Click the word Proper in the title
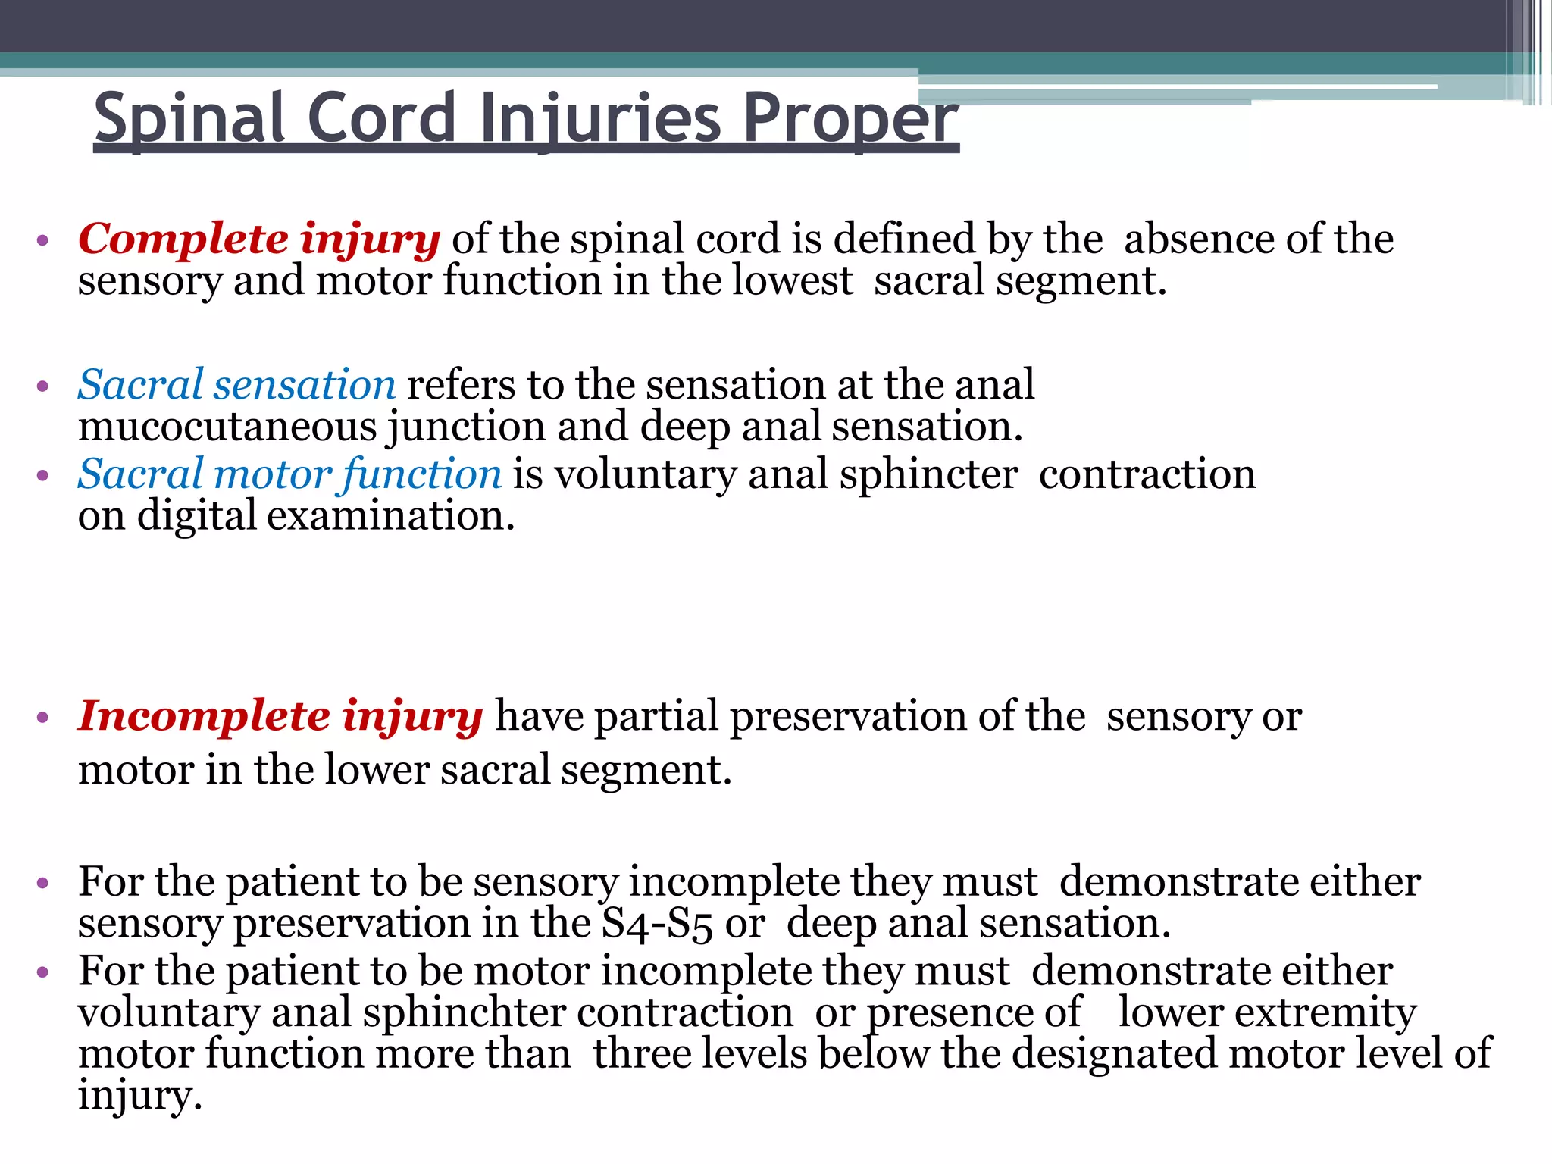point(850,118)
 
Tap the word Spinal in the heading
point(189,118)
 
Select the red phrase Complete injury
point(258,239)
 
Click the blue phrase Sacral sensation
point(236,384)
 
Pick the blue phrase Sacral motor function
point(289,474)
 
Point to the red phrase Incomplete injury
point(280,716)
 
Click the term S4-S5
point(656,925)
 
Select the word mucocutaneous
point(227,426)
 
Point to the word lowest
point(792,280)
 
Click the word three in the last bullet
point(642,1053)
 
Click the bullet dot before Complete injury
point(42,241)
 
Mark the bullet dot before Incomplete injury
point(42,718)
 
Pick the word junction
point(466,426)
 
